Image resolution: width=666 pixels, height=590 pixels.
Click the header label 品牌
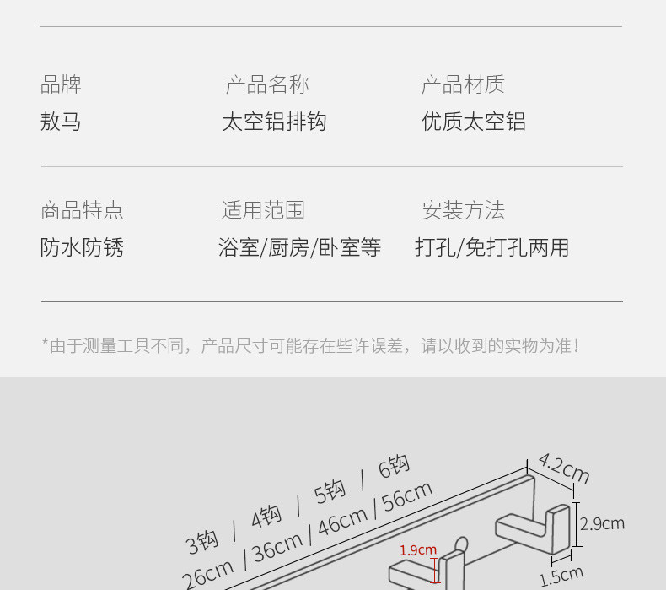(61, 84)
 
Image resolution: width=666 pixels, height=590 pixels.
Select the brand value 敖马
(61, 122)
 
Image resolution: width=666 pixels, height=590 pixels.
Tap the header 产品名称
(267, 84)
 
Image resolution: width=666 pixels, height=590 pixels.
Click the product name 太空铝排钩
(274, 122)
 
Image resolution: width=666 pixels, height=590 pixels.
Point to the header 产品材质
(463, 84)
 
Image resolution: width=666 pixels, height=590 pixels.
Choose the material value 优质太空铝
(474, 122)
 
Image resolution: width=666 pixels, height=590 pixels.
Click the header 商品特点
(82, 210)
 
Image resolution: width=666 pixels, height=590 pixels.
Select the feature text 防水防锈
(82, 247)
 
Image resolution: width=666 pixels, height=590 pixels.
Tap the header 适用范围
(263, 210)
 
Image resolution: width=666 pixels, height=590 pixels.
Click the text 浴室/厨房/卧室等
(299, 247)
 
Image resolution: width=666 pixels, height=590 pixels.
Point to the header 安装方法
(464, 210)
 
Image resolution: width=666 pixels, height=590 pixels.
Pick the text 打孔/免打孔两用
(492, 247)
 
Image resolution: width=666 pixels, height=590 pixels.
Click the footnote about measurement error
(311, 346)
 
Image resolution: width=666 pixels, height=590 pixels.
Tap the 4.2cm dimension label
(563, 468)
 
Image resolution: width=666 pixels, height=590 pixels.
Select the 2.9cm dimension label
(602, 523)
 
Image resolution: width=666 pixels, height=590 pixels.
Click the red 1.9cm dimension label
(418, 550)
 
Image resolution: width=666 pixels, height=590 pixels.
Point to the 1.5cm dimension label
(561, 576)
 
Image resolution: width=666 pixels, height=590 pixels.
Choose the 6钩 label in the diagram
(394, 467)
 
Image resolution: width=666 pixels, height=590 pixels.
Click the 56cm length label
(408, 499)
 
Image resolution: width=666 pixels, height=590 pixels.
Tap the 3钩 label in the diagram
(202, 541)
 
